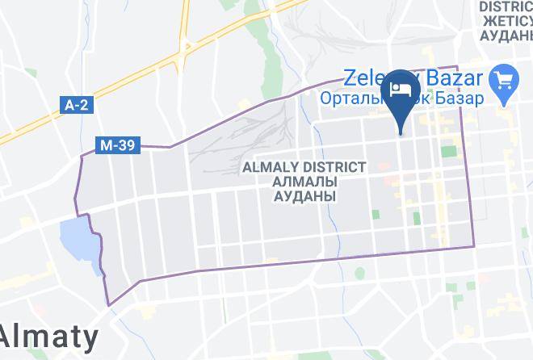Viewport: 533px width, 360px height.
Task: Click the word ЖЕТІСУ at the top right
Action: pos(505,22)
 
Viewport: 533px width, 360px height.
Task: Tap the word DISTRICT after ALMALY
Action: pos(334,167)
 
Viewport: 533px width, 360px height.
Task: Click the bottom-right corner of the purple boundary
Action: pos(473,246)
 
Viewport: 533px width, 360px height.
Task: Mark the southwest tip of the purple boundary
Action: pos(109,305)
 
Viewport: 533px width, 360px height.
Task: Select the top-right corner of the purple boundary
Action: pos(458,67)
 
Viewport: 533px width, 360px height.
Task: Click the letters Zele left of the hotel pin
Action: pos(364,78)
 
